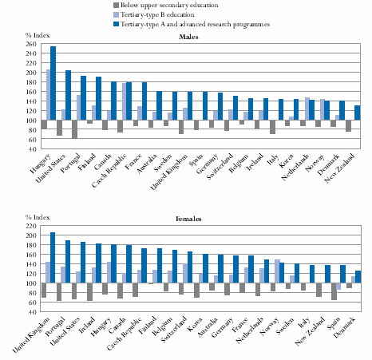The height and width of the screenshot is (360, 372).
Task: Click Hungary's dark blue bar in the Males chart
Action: coord(53,83)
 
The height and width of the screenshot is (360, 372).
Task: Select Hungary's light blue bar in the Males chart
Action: coord(49,95)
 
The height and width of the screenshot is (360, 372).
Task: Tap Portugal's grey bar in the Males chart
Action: coord(74,129)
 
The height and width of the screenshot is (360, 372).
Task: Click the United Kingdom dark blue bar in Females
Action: coord(53,258)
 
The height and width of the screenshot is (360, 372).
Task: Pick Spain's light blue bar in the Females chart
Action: coord(338,287)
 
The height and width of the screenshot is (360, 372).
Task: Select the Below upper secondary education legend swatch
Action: coord(117,5)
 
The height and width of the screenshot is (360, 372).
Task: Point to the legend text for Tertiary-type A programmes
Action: coord(195,24)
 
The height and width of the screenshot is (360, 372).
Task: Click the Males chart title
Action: coord(188,37)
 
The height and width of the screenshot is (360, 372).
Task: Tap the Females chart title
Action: coord(188,219)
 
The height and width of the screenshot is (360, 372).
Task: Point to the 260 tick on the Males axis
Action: coord(31,44)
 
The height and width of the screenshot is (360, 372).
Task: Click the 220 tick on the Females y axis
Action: coord(31,226)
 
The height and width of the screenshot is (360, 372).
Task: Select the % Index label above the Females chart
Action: coord(38,217)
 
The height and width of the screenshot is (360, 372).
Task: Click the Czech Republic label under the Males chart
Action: coord(109,171)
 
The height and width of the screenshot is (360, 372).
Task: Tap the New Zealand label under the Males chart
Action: coord(339,168)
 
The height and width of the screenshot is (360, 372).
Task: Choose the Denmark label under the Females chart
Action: coord(344,327)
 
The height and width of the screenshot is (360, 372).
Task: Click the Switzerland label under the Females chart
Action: coord(174,330)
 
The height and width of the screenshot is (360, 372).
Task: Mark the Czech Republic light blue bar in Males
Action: coord(125,101)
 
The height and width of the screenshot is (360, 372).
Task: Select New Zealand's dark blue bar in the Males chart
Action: coord(358,113)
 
